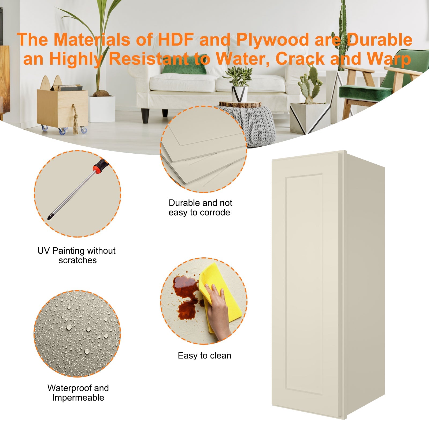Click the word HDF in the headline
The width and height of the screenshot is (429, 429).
point(175,40)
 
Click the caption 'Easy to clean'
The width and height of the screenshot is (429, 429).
point(204,356)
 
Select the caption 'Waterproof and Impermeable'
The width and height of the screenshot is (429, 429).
point(78,393)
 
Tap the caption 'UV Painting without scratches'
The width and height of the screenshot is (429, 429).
point(77,255)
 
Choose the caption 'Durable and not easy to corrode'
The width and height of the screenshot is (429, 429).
point(200,208)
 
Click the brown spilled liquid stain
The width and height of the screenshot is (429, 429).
point(186,295)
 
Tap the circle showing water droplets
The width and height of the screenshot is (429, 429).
point(77,334)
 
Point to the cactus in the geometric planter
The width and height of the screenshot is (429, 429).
point(311,83)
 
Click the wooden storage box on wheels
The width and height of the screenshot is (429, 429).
point(62,107)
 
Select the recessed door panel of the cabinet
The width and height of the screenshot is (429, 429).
point(304,284)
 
